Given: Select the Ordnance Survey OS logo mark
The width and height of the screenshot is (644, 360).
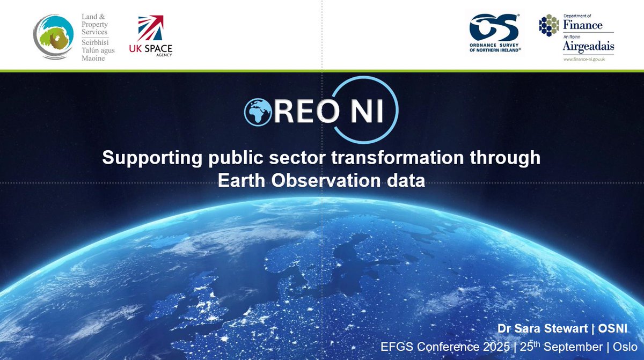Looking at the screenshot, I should click(x=494, y=27).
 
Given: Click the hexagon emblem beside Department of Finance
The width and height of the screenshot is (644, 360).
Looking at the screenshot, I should click(x=549, y=25).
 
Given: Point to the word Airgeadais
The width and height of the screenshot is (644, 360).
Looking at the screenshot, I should click(x=588, y=47).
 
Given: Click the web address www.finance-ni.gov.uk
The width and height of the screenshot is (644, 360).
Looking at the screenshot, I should click(x=588, y=59).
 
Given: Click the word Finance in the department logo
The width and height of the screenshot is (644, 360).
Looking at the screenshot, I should click(x=582, y=25).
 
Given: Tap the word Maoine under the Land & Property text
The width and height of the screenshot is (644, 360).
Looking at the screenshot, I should click(x=93, y=58).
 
